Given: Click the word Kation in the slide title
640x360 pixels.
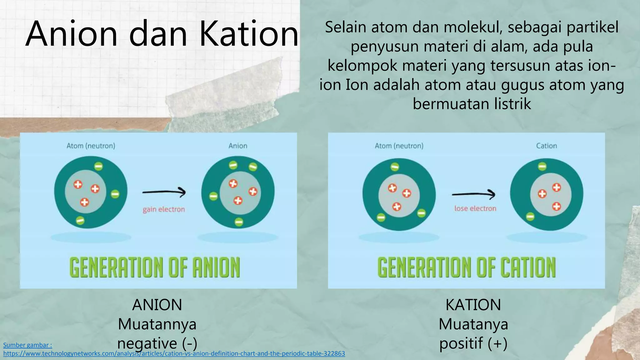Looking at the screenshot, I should [x=249, y=34].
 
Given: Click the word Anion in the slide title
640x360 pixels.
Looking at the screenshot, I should [x=72, y=34].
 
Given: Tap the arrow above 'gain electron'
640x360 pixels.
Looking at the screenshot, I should [x=164, y=192].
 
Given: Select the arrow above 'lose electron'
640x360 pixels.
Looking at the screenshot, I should [x=473, y=195].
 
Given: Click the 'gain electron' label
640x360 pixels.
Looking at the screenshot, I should [x=164, y=209].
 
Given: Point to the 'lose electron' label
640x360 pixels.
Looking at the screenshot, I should [x=475, y=208].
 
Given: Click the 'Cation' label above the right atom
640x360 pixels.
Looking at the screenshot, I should [x=546, y=146].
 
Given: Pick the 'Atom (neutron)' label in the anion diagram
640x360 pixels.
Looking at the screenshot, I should [x=91, y=146].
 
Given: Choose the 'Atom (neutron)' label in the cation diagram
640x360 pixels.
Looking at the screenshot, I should [x=399, y=146].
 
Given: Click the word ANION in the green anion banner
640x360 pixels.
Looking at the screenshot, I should [x=216, y=267].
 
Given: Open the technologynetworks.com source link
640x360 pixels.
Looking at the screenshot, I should [x=174, y=354].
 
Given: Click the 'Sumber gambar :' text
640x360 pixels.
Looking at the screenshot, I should [x=27, y=345].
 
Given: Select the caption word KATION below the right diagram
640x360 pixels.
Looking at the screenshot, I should [x=473, y=305].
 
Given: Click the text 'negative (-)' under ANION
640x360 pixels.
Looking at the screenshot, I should [x=157, y=343].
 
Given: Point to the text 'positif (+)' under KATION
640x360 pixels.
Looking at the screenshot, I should [x=473, y=343].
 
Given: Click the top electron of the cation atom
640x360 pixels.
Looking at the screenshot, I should [x=542, y=166].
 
